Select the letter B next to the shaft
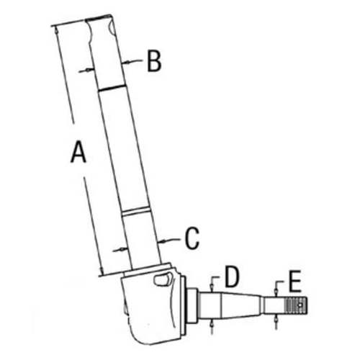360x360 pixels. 153,62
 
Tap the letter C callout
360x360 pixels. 191,238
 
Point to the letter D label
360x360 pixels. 230,276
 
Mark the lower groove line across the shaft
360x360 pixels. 137,211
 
